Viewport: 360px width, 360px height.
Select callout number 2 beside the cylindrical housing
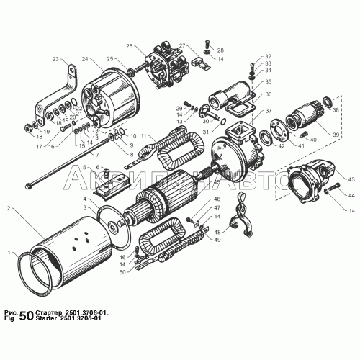pyautogui.click(x=9, y=208)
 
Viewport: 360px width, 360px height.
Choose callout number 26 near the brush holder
pyautogui.click(x=130, y=46)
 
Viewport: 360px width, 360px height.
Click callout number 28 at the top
pyautogui.click(x=220, y=50)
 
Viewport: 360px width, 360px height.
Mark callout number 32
pyautogui.click(x=268, y=56)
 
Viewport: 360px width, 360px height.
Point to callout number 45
pyautogui.click(x=216, y=183)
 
